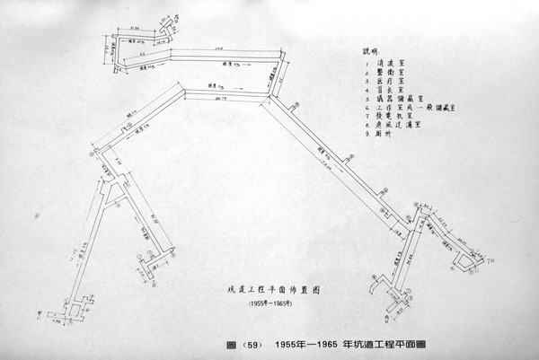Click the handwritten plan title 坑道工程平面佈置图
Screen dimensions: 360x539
(x=254, y=291)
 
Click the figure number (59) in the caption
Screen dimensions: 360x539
(x=251, y=345)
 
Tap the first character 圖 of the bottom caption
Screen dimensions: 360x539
(x=234, y=345)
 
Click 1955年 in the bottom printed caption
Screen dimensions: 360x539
(x=293, y=345)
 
